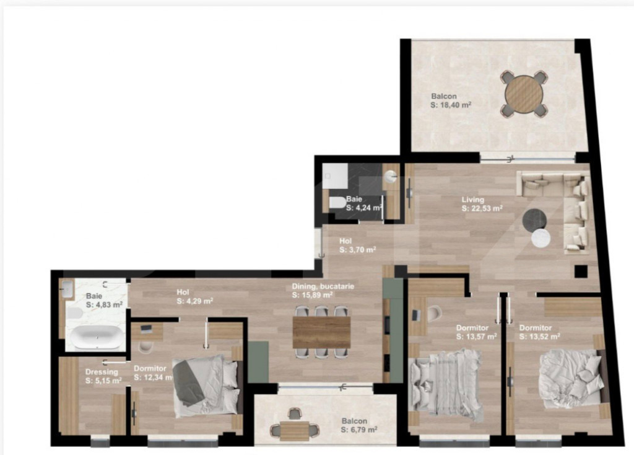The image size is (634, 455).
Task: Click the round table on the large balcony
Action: point(524,94)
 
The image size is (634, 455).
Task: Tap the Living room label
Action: point(472,200)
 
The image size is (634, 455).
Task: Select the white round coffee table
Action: point(542,239)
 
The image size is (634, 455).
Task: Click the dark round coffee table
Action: point(534,219)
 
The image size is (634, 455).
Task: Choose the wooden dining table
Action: point(321,332)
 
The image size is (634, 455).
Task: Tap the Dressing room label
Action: point(101,372)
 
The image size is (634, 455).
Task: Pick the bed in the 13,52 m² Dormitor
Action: point(571,378)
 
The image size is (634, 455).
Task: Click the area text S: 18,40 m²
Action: point(451,106)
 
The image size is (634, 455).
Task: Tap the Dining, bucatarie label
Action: point(323,287)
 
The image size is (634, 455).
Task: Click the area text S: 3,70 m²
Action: point(358,250)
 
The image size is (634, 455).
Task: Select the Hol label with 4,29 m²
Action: point(183,292)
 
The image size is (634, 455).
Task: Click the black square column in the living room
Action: point(580,270)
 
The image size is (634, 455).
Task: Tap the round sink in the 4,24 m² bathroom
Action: point(391,176)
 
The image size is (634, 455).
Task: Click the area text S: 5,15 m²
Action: point(103,381)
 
